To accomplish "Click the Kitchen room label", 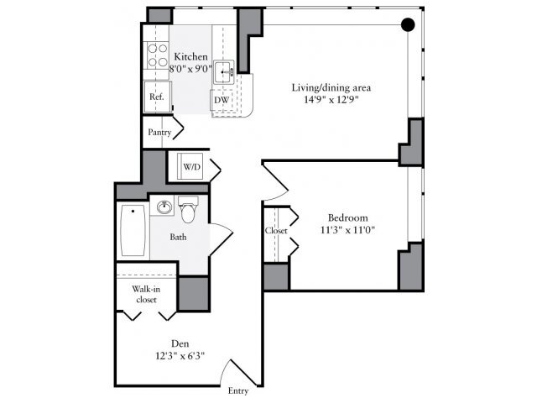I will [x=190, y=56].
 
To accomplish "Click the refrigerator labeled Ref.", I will [x=156, y=97].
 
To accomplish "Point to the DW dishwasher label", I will [x=222, y=100].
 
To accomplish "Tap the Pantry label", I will [x=159, y=132].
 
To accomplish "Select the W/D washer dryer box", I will [x=192, y=167].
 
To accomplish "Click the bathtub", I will [x=133, y=231].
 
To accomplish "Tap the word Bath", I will [x=178, y=237].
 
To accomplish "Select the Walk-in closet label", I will [x=146, y=293].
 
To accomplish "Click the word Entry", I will [x=238, y=390].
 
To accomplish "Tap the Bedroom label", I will [x=342, y=218].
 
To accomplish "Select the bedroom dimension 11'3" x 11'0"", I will [x=342, y=230].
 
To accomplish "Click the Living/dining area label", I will [x=331, y=87].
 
